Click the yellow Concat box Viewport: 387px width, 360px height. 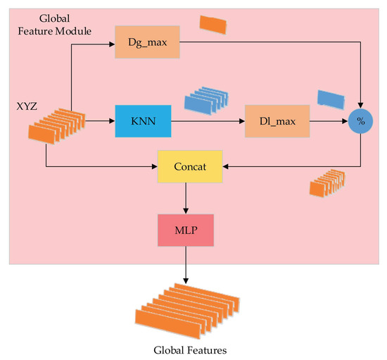(x=190, y=167)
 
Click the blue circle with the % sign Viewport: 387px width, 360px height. (x=361, y=121)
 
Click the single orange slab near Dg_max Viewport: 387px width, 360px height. (x=213, y=24)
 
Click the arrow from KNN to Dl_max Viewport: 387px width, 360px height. (x=208, y=121)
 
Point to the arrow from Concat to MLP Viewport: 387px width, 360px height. (x=185, y=199)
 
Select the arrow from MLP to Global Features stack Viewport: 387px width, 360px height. (x=185, y=268)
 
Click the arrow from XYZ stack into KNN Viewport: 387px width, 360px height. (x=101, y=121)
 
